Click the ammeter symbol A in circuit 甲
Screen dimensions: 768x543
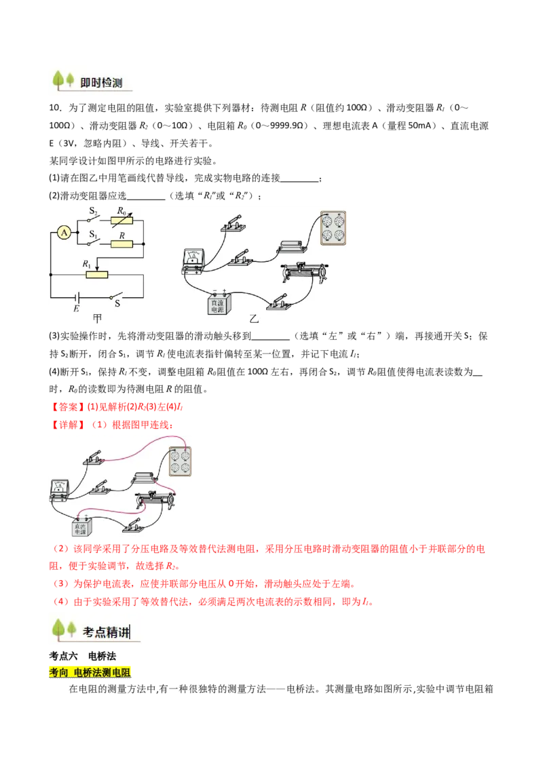tap(64, 233)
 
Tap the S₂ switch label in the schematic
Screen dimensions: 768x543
tap(94, 212)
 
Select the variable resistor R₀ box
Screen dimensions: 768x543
tap(123, 220)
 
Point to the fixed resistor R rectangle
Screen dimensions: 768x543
tap(123, 244)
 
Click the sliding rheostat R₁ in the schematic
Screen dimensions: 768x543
tap(97, 275)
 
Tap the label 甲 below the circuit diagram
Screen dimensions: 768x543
tap(98, 319)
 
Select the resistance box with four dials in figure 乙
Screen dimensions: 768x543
tap(333, 227)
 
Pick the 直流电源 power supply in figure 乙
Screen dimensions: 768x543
tap(220, 304)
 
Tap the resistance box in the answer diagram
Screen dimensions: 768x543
tap(181, 466)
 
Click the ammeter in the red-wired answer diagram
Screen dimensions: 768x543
tap(61, 490)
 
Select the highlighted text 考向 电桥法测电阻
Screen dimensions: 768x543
tap(92, 672)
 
